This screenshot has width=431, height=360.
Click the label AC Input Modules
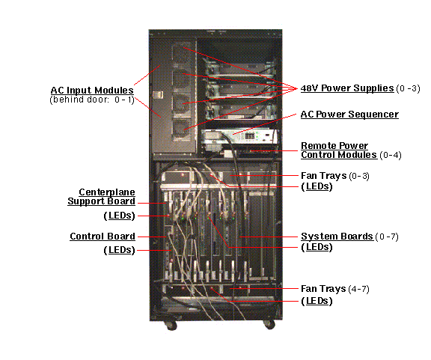tap(92, 91)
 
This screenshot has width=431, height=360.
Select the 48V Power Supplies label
tap(347, 88)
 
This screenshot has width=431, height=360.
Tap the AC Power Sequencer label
tap(349, 115)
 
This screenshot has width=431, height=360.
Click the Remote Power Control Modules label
tap(339, 150)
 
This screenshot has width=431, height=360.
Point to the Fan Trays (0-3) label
tap(335, 175)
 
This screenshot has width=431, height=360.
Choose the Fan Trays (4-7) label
tap(335, 289)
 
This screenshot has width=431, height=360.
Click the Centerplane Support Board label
tap(102, 196)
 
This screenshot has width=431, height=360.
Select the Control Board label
tap(103, 237)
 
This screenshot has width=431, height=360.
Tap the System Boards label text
tap(337, 237)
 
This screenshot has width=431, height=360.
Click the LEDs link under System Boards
tap(317, 247)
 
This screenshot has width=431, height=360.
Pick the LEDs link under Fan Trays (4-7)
tap(317, 301)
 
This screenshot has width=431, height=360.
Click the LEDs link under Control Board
tap(120, 250)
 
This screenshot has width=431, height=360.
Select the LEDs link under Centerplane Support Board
tap(120, 216)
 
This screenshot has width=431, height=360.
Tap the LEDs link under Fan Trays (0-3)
tap(317, 186)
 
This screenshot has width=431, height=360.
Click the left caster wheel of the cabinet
tap(171, 326)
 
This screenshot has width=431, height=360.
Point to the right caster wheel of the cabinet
tap(269, 325)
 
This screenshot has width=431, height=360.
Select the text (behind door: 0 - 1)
tap(92, 100)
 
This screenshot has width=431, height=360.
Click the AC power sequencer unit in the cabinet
tap(239, 137)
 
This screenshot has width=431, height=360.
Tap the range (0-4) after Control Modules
tap(391, 155)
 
